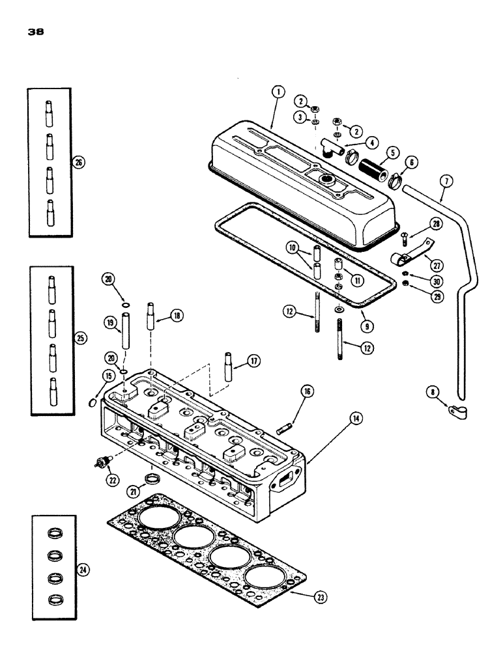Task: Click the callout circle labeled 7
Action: (x=442, y=178)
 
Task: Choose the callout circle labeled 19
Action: (x=109, y=322)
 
